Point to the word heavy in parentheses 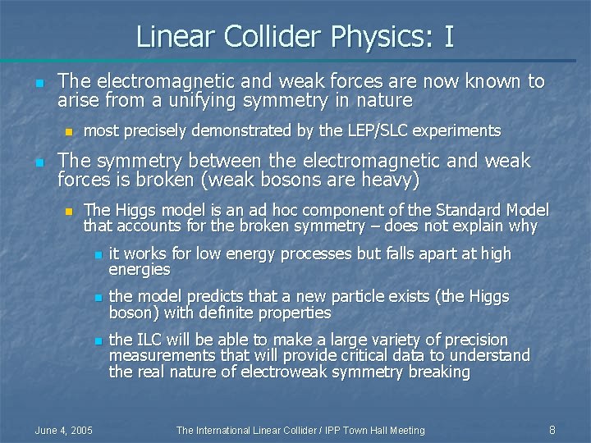[x=387, y=180]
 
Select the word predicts [x=204, y=297]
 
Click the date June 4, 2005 [x=63, y=430]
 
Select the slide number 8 [x=552, y=430]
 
